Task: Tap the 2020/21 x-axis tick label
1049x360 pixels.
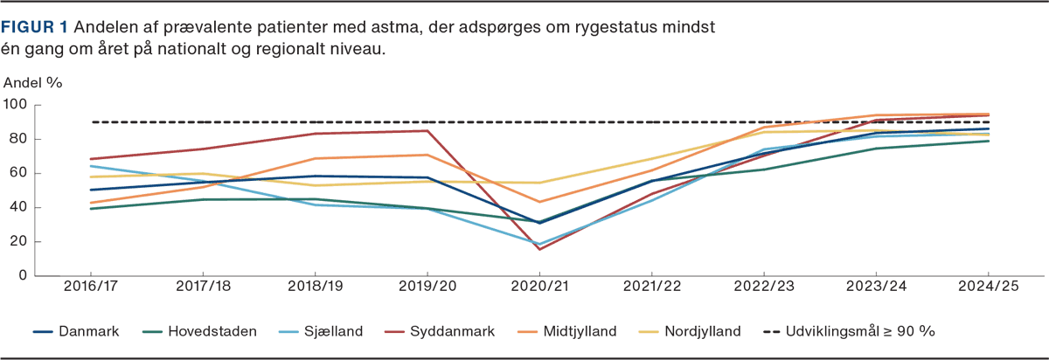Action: pos(539,287)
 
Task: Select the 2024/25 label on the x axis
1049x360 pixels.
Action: pos(988,287)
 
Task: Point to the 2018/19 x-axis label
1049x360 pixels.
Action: pos(315,287)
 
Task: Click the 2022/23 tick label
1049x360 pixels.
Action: pos(764,287)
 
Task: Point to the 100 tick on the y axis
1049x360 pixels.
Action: pos(16,105)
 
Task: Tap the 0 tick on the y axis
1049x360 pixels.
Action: pos(24,276)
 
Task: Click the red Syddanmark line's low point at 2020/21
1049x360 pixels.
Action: pos(539,250)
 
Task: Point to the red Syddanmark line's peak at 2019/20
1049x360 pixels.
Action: pos(427,130)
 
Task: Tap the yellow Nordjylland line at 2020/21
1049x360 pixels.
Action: pos(539,183)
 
